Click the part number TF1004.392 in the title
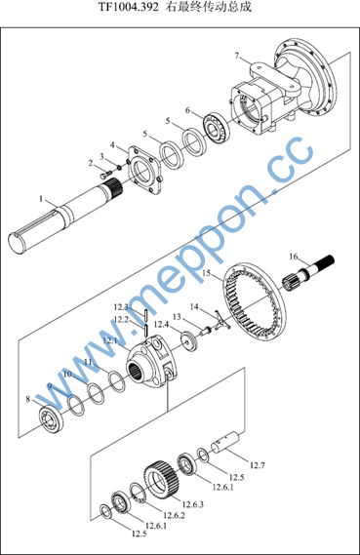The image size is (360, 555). [128, 7]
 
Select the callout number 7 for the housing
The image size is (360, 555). [237, 56]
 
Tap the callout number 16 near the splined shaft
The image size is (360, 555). [294, 257]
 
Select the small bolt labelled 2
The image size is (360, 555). [106, 174]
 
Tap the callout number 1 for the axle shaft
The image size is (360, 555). [41, 199]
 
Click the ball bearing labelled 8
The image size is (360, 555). [51, 419]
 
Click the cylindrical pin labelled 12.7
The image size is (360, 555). [225, 442]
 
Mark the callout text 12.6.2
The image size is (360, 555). [174, 515]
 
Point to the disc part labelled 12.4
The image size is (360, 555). [190, 341]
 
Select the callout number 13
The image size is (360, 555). [177, 317]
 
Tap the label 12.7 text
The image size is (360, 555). [258, 465]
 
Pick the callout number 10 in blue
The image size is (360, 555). [67, 374]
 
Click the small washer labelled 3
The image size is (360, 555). [119, 167]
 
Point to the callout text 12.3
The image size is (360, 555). [121, 307]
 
